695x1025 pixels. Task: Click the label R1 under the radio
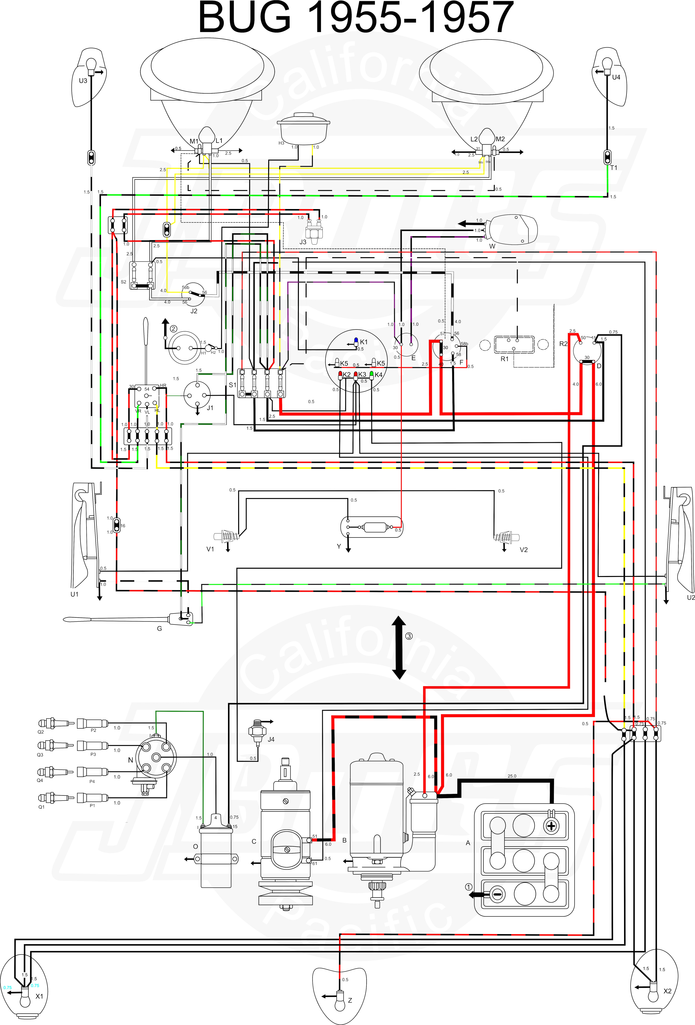504,359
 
